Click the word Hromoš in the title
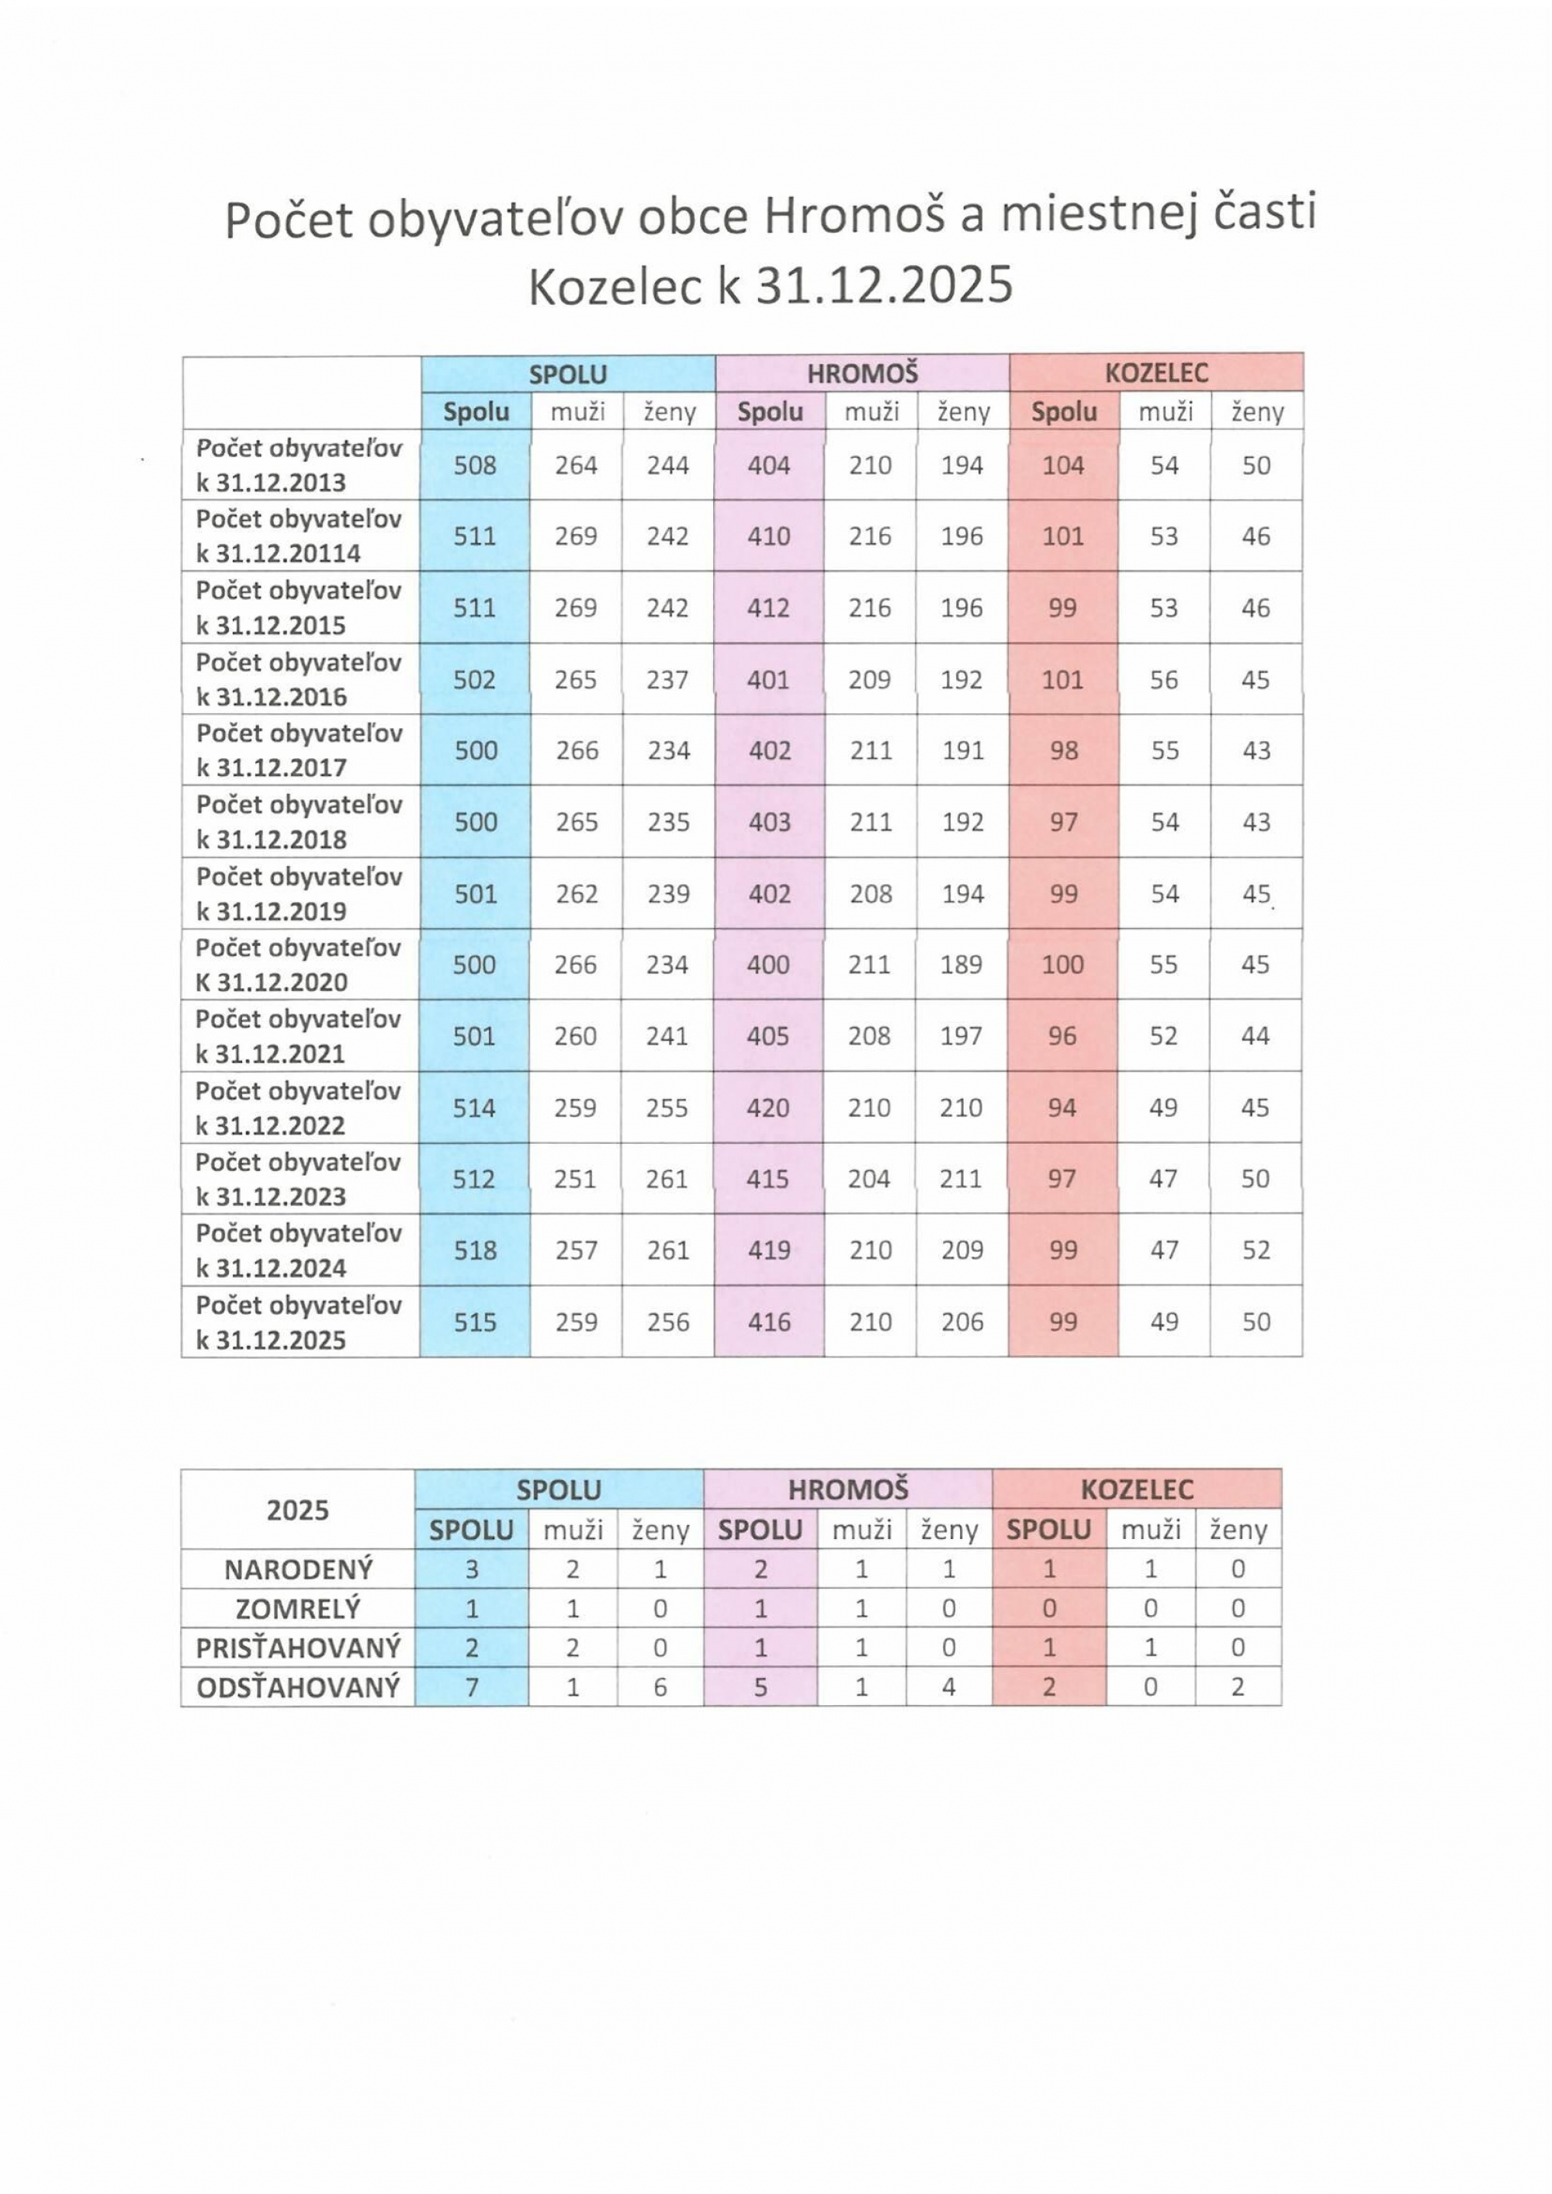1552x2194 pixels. [854, 216]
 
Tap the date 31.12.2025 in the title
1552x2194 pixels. [884, 285]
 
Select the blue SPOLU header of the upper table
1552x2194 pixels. [568, 373]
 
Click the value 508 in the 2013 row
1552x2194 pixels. [475, 466]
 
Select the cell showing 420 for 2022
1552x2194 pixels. [768, 1107]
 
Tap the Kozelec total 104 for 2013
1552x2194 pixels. [1062, 466]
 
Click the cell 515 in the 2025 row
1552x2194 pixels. [475, 1322]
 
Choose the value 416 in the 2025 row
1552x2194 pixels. [768, 1322]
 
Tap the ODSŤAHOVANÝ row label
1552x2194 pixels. [298, 1687]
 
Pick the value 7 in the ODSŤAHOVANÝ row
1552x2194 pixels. [472, 1687]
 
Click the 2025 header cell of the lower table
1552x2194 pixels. [298, 1509]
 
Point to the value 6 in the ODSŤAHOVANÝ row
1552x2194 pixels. [660, 1687]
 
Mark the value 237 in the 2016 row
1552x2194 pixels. [667, 679]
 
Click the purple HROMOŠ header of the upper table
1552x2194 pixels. [862, 373]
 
